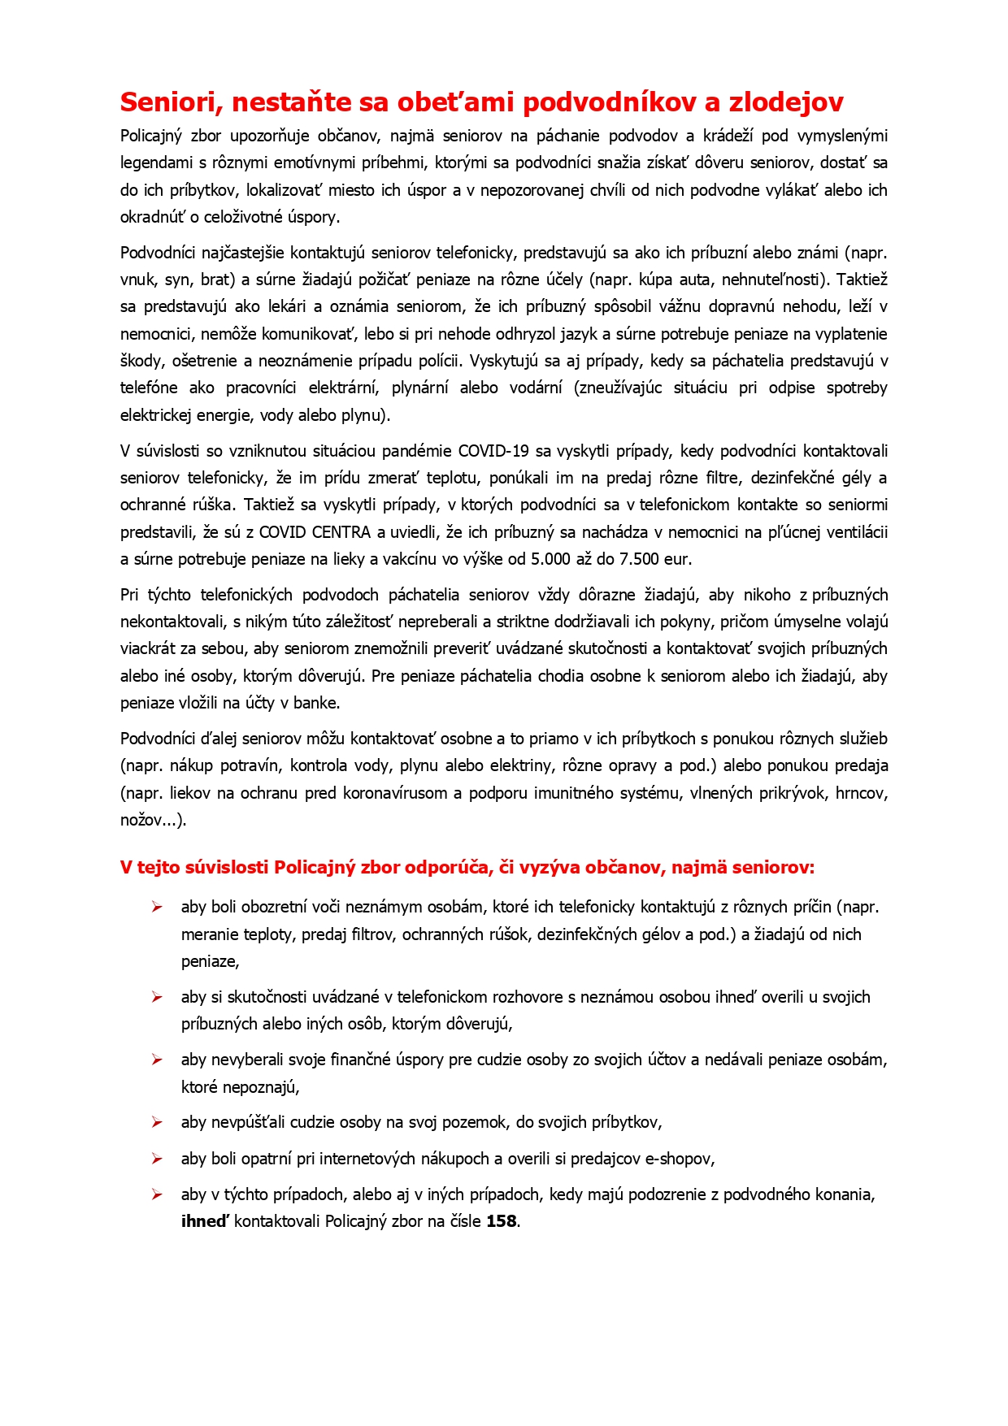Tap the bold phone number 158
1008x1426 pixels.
pyautogui.click(x=502, y=1221)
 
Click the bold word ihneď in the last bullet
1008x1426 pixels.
pyautogui.click(x=204, y=1221)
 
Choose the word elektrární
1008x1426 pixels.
pyautogui.click(x=344, y=388)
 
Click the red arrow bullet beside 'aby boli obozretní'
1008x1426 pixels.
pyautogui.click(x=157, y=907)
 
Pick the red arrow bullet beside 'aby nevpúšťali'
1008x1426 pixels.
pyautogui.click(x=157, y=1122)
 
